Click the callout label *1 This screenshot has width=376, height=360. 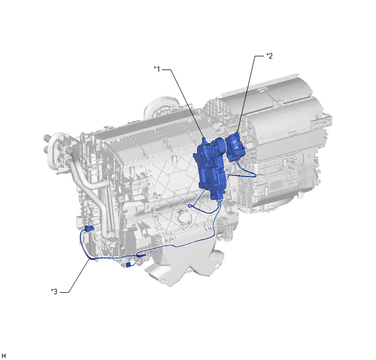157,69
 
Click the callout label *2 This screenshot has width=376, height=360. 269,56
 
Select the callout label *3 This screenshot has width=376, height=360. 54,292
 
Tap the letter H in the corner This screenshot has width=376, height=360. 4,356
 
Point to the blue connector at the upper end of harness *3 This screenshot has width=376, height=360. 89,229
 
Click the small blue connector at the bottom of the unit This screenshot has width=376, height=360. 128,265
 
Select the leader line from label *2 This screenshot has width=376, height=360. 247,94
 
